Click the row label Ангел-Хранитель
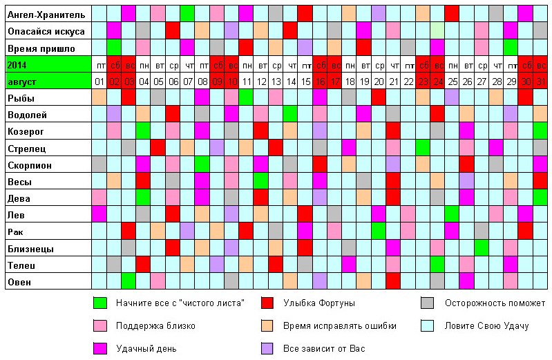point(46,15)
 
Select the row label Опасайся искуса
point(46,31)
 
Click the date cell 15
point(305,82)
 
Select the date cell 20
point(379,82)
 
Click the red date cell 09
point(217,82)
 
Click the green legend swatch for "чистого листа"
point(100,303)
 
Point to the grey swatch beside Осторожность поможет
point(428,303)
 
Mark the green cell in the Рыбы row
point(246,98)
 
